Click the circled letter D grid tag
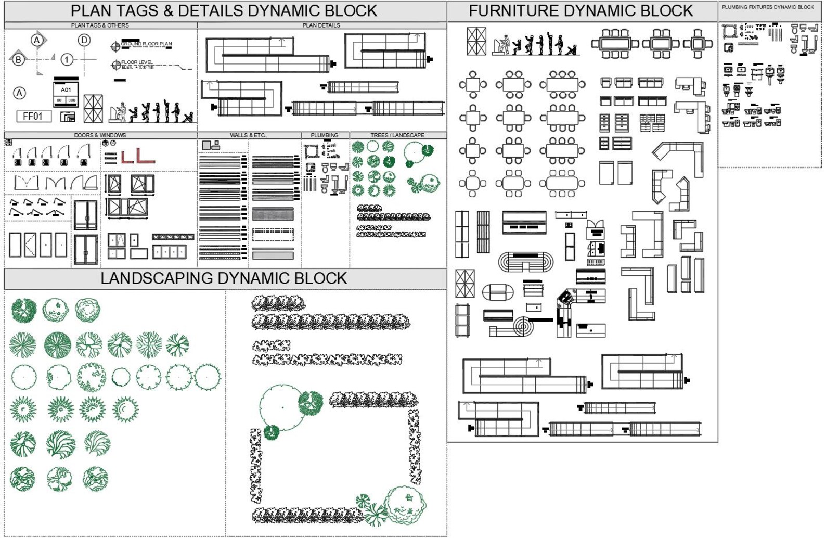tap(84, 40)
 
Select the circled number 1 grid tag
tap(67, 59)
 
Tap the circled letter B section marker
tap(18, 59)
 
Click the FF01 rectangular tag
tap(33, 116)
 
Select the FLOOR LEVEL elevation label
tap(137, 63)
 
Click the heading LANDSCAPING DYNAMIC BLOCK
tap(224, 278)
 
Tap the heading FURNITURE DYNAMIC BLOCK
tap(580, 11)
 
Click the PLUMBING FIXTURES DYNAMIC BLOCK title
tap(768, 7)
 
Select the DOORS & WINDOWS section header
tap(100, 135)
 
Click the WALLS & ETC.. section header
tap(248, 135)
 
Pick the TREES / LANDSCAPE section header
tap(397, 135)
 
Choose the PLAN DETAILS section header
tap(321, 25)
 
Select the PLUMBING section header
tap(324, 135)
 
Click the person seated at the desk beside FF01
tap(119, 112)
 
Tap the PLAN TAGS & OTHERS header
tap(100, 25)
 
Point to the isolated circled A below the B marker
tap(19, 93)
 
